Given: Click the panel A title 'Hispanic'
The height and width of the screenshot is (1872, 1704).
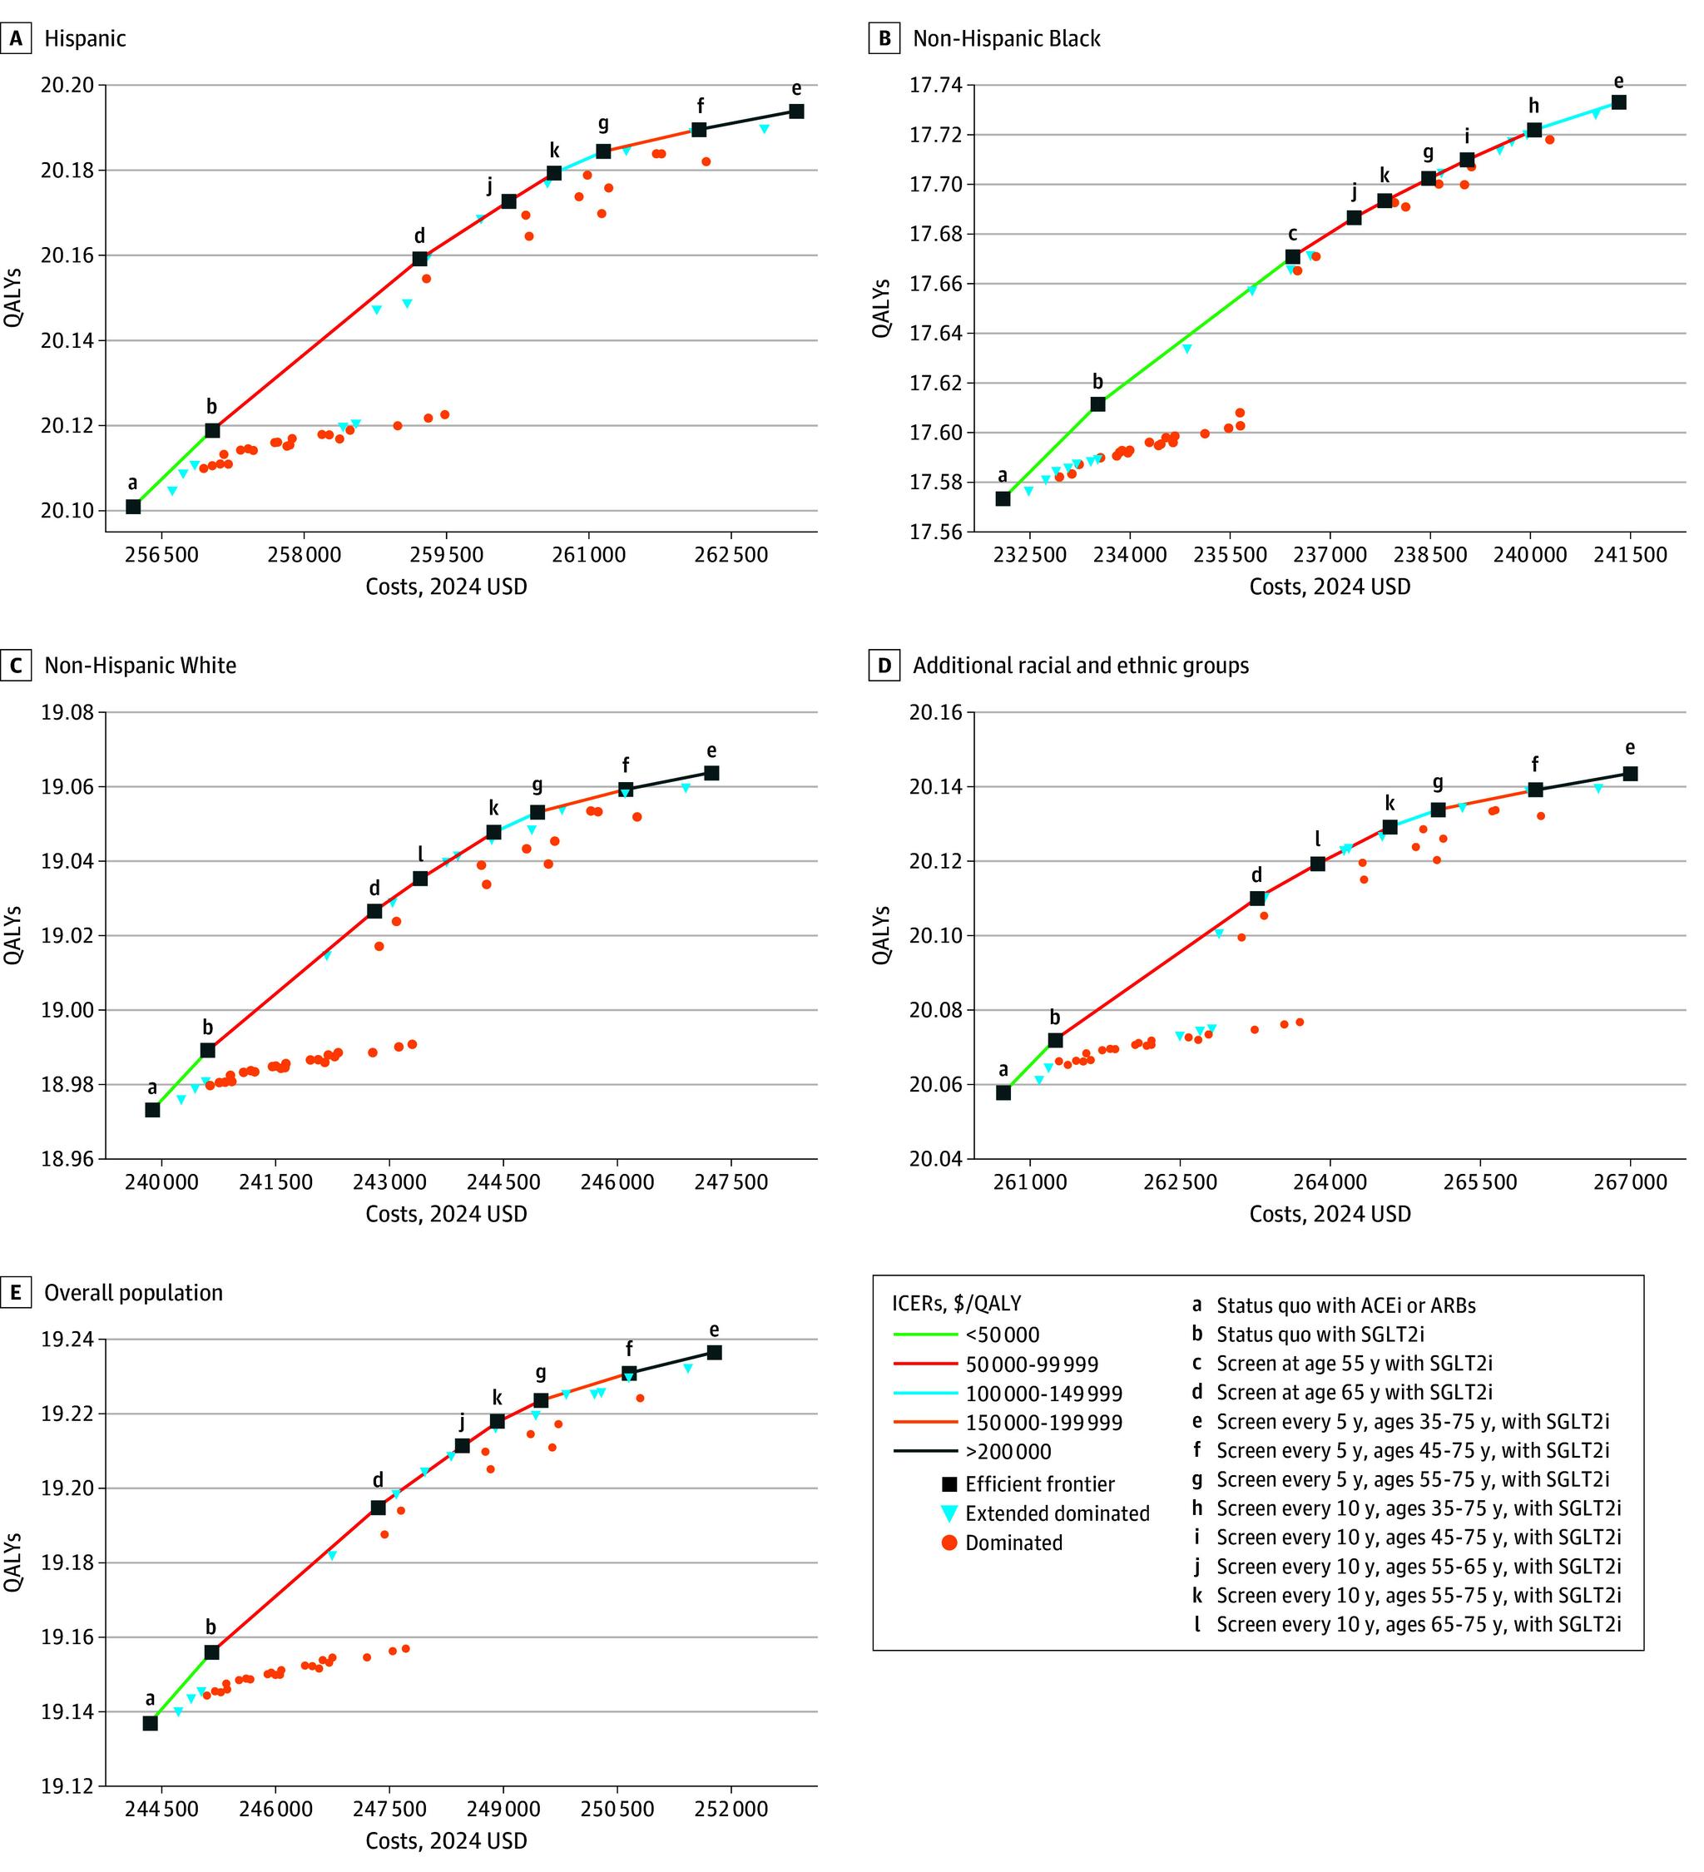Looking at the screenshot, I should point(85,38).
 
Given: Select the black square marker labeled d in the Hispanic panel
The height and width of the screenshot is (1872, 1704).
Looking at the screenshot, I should point(419,259).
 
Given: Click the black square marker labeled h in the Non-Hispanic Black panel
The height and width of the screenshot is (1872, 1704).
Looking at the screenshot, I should point(1534,131).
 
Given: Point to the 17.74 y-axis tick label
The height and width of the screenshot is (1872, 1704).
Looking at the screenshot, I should point(936,86).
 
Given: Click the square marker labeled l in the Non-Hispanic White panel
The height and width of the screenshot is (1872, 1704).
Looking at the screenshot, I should point(419,879).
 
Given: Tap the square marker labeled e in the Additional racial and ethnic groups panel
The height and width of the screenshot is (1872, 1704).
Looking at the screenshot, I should point(1630,774).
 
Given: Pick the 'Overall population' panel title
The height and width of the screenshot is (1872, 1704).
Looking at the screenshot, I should point(133,1293).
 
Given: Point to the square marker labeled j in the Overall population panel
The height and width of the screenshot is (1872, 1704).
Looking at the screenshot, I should point(462,1445).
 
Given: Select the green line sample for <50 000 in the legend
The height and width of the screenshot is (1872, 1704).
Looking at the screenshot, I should point(924,1335).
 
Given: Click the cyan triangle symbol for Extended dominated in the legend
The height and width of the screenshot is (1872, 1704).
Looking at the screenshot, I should point(949,1513).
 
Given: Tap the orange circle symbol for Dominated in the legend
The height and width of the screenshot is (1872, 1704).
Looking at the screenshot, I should point(949,1543).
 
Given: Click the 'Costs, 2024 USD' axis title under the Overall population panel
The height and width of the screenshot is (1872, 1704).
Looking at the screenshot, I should point(446,1841).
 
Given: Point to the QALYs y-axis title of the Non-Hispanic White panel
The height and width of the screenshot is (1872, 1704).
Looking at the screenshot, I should point(13,935).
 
